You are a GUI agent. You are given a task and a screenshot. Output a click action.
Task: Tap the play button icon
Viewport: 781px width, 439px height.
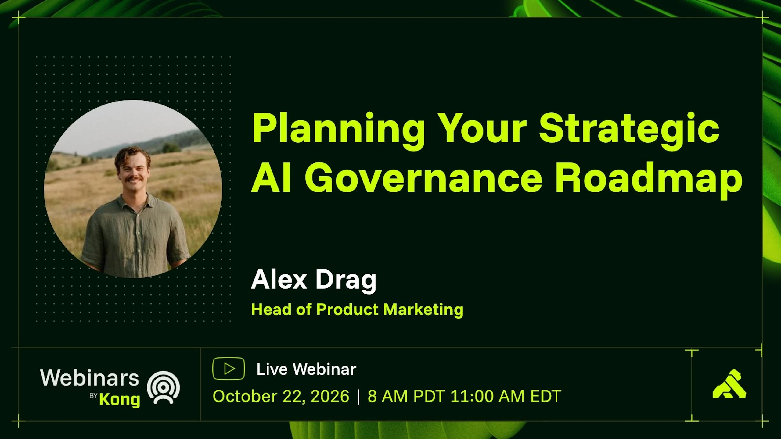(229, 369)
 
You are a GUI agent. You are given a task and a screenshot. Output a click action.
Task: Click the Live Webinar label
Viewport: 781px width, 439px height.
(306, 369)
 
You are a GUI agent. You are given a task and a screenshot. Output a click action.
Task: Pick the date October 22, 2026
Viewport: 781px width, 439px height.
(281, 396)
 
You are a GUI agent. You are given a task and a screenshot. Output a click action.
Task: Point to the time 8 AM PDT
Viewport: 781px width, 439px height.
(406, 396)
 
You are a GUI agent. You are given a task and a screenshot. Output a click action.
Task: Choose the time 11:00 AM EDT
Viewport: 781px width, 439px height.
(506, 396)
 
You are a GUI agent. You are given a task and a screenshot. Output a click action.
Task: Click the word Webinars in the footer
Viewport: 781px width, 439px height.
(89, 378)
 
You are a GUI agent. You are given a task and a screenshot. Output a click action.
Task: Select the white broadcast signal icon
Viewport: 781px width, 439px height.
(163, 387)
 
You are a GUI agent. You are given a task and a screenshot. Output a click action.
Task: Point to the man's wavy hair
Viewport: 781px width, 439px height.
(132, 155)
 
